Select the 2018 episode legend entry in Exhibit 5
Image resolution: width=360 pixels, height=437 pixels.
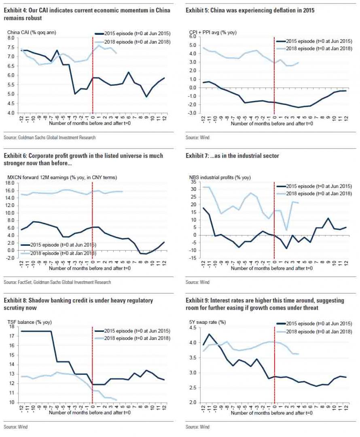318,48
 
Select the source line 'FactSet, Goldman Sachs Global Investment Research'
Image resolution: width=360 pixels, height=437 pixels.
57,282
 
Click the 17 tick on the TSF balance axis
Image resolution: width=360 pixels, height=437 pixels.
11,336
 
